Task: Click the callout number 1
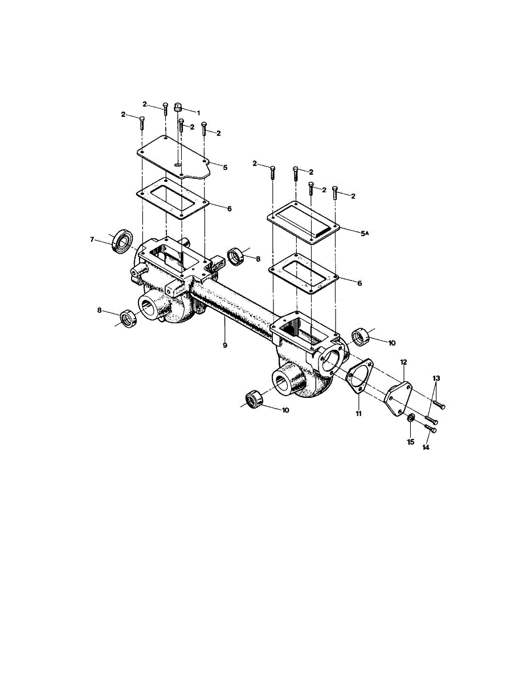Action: click(199, 112)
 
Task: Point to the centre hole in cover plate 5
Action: click(179, 165)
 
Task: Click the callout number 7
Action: click(92, 239)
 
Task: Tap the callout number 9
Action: click(225, 345)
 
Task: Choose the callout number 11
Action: click(359, 413)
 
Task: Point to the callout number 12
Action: click(403, 362)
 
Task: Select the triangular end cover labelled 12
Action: click(436, 378)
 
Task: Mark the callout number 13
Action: click(426, 447)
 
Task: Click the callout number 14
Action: click(410, 442)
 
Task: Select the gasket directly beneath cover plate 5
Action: click(431, 429)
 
